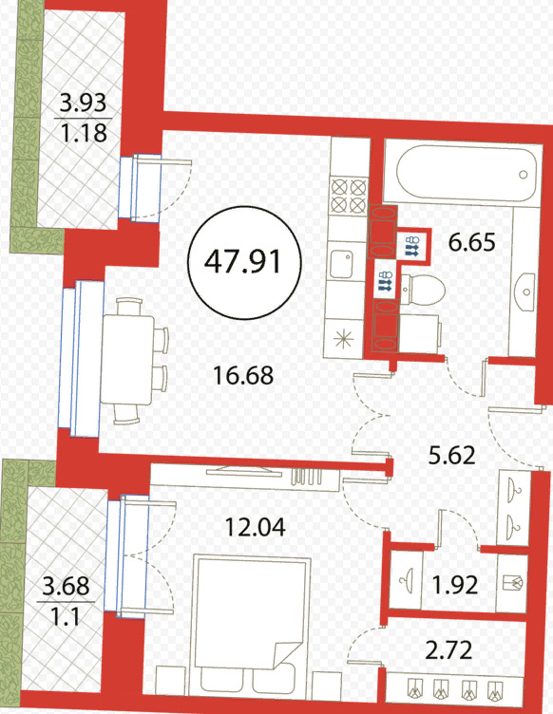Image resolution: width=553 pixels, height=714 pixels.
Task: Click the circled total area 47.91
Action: coord(244,262)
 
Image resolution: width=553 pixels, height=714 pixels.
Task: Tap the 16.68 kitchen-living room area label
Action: coord(243,376)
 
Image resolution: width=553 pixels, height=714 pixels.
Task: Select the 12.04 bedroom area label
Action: coord(256,527)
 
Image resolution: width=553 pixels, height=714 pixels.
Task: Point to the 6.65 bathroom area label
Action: coord(471,243)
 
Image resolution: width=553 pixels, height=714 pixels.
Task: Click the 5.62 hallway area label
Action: coord(452,455)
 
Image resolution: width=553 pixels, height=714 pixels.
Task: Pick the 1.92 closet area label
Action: coord(455,585)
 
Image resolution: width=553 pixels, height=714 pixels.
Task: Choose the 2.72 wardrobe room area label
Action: coord(448,650)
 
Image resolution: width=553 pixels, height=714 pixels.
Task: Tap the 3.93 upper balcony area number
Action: coord(84,103)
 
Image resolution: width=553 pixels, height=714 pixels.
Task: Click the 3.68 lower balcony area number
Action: coord(66,586)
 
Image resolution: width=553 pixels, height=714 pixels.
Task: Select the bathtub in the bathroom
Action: coord(465,173)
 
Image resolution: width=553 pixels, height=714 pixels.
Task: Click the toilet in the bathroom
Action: coord(422,290)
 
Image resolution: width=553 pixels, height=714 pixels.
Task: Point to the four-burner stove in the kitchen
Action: coord(349,196)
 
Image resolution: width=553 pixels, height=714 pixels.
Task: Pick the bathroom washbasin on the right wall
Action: coord(527,291)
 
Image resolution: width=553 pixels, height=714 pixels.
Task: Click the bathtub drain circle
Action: coord(524,175)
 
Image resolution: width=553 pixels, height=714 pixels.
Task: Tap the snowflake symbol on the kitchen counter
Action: coord(343,340)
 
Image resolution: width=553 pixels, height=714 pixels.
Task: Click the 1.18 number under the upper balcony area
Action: coord(84,133)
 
